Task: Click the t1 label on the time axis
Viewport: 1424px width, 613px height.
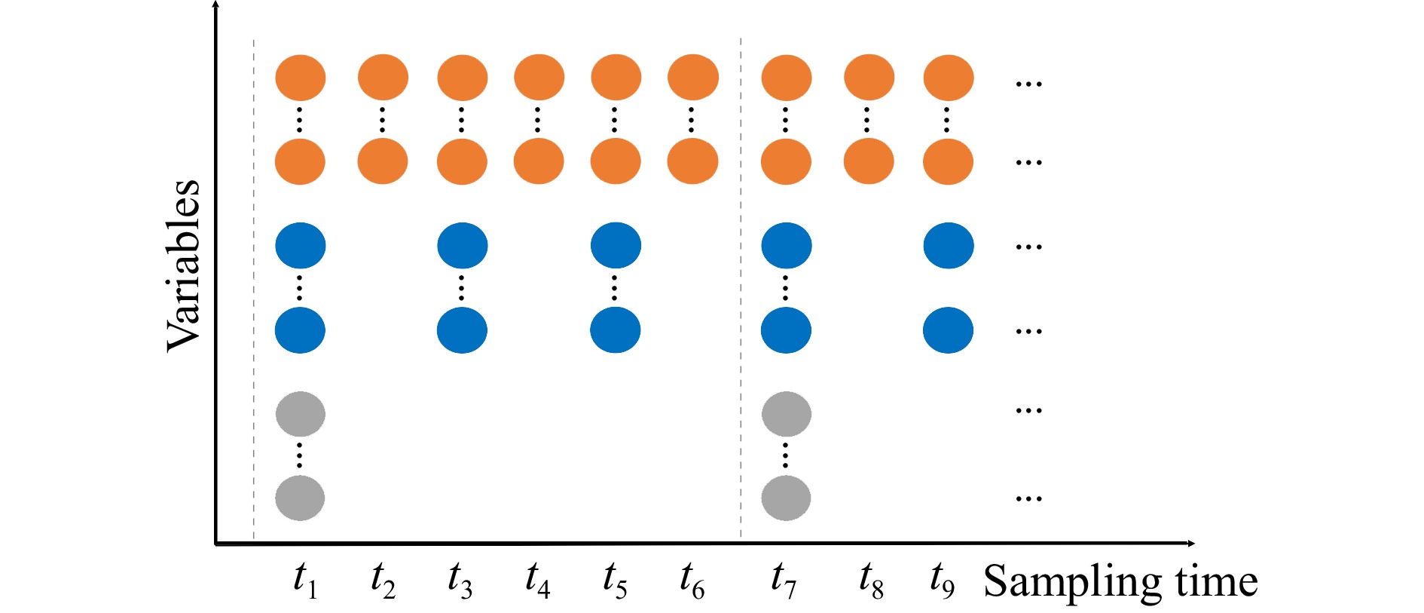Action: (305, 581)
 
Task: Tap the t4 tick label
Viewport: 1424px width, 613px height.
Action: (537, 581)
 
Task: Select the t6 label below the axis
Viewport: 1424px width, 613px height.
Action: (692, 581)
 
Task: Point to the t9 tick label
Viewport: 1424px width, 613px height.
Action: (942, 581)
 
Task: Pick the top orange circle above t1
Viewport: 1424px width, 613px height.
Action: (301, 78)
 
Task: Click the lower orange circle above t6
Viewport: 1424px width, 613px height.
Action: (692, 161)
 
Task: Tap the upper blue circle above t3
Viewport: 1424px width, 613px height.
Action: (462, 246)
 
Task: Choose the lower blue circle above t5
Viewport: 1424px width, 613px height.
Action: (616, 330)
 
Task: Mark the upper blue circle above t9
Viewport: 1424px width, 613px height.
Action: (949, 246)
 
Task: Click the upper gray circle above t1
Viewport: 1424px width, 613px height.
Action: (301, 414)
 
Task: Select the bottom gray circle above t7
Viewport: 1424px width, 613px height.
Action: (786, 498)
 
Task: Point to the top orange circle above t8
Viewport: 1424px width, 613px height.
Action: (869, 78)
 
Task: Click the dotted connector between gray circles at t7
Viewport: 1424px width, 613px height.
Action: (786, 456)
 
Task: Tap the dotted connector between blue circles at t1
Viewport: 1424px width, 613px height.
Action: (300, 288)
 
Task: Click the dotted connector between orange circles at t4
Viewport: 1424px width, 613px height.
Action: (538, 119)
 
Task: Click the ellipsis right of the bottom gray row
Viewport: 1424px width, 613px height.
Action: (1028, 498)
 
